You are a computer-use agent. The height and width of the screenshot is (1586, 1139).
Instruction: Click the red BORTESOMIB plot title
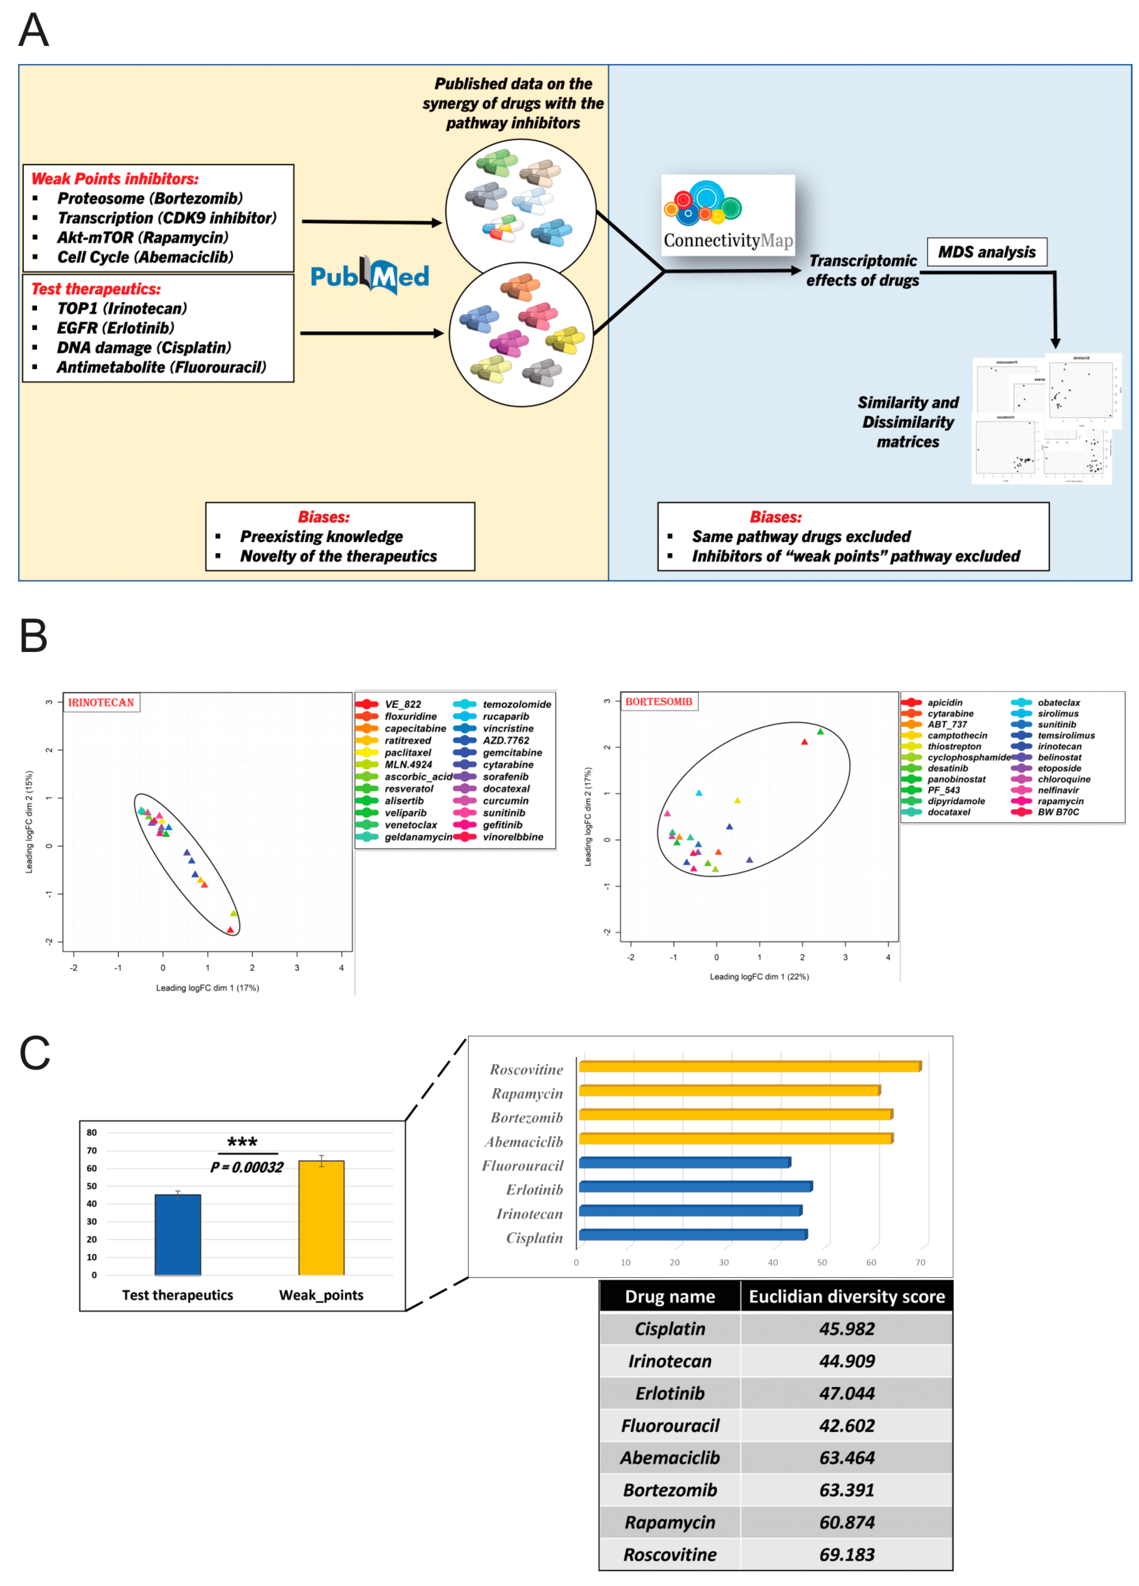[x=658, y=701]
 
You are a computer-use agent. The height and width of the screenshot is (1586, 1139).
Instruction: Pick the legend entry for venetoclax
[x=410, y=824]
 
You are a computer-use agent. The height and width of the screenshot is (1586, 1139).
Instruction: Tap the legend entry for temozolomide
[x=516, y=704]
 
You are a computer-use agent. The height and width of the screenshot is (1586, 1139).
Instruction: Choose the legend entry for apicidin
[x=944, y=702]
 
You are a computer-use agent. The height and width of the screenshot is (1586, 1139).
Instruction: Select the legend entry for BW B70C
[x=1058, y=812]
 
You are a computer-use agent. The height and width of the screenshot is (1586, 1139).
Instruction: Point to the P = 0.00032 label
[x=247, y=1167]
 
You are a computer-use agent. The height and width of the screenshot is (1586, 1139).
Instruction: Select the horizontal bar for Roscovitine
[x=748, y=1066]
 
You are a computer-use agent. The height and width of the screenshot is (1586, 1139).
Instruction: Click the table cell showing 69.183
[x=847, y=1555]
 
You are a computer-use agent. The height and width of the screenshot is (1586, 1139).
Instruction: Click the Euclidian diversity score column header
[x=847, y=1296]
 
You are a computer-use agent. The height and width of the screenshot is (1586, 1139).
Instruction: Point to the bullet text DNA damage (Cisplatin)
[x=143, y=348]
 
